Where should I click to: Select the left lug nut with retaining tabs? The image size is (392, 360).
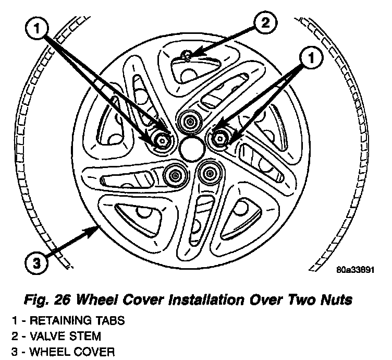pyautogui.click(x=162, y=139)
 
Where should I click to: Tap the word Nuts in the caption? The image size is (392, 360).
pyautogui.click(x=338, y=300)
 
